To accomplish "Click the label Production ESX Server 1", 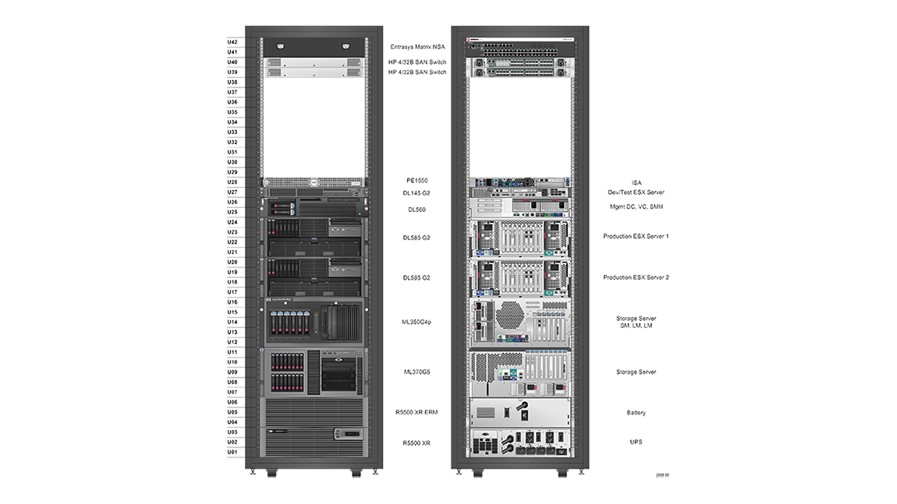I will point(636,235).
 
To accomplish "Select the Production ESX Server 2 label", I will point(636,277).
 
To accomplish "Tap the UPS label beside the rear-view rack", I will point(636,442).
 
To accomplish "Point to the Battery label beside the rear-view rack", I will point(636,413).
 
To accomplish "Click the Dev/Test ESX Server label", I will point(636,192).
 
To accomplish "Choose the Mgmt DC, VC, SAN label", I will point(636,207).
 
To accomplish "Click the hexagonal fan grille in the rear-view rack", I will point(509,315).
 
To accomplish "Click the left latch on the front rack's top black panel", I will point(281,46).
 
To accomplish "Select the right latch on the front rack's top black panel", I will point(345,46).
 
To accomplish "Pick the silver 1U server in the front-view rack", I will point(314,182).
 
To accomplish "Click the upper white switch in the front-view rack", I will point(314,62).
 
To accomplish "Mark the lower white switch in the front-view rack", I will point(314,72).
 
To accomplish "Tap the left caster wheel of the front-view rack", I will point(271,473).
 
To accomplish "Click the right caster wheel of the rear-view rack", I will point(562,473).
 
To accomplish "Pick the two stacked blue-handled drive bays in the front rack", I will point(282,208).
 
